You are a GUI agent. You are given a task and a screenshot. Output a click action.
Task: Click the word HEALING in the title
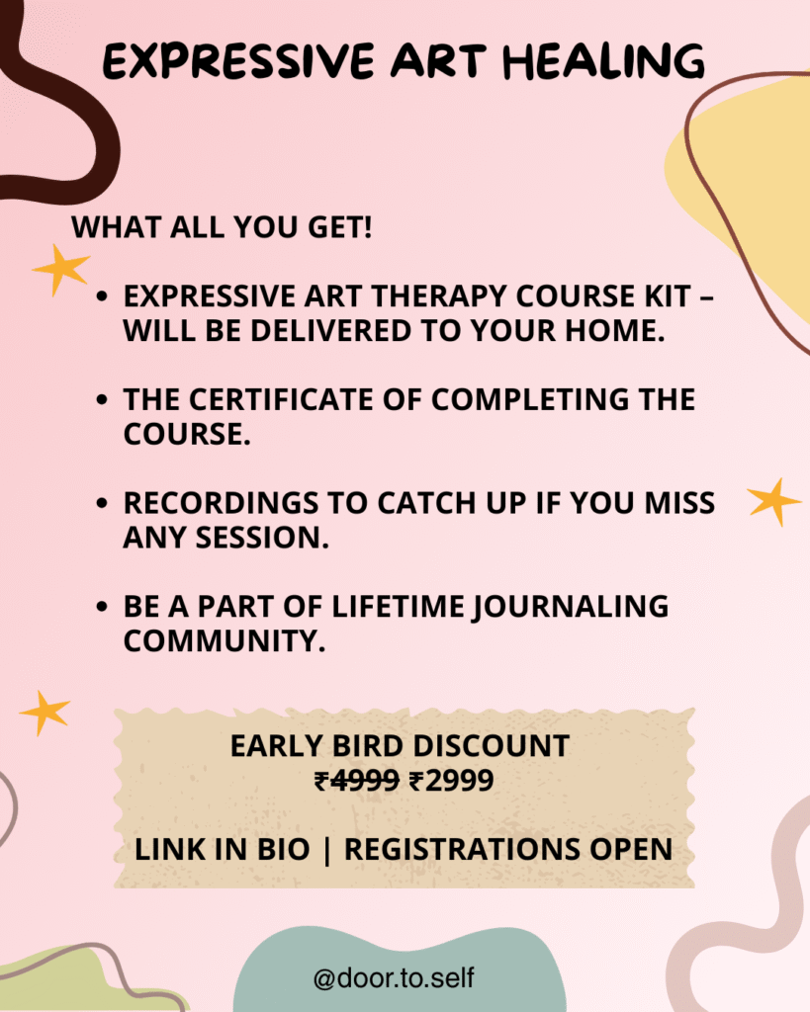[x=603, y=62]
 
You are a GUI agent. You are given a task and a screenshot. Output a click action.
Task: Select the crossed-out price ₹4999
[x=357, y=781]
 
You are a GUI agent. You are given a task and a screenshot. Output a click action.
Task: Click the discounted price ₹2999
[x=452, y=781]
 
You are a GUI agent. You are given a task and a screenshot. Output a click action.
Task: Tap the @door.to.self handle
[x=394, y=977]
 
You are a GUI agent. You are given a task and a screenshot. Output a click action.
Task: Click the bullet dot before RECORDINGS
[x=102, y=503]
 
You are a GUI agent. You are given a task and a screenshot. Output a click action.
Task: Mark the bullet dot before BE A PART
[x=102, y=607]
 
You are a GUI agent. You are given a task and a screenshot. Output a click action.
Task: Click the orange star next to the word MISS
[x=773, y=501]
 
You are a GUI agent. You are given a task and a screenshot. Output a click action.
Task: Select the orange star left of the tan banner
[x=45, y=713]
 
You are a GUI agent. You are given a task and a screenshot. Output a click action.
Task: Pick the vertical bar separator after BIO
[x=326, y=850]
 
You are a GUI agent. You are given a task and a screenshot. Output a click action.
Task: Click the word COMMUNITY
[x=225, y=640]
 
